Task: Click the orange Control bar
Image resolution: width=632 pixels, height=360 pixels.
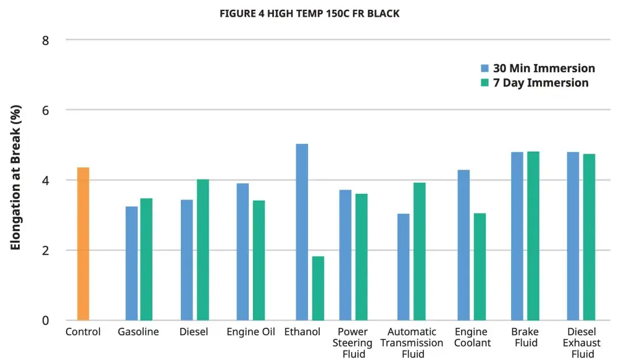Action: tap(83, 244)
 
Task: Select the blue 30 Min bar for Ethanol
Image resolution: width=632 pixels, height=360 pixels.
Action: tap(302, 232)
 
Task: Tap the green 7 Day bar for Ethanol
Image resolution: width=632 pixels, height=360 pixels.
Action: tap(318, 288)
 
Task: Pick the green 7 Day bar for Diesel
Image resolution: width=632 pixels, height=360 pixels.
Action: tap(203, 250)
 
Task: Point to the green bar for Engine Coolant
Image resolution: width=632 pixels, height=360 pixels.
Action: tap(480, 267)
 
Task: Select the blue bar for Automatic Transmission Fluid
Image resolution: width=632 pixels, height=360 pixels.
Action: tap(403, 267)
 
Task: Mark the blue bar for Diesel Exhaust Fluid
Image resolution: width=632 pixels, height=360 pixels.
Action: tap(573, 236)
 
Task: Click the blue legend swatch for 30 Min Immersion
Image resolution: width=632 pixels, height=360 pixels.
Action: tap(485, 69)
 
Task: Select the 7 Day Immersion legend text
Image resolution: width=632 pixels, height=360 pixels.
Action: tap(541, 83)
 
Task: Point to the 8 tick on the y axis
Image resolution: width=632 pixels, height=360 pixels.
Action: tap(46, 40)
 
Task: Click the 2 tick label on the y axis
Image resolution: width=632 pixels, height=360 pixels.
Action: tap(46, 251)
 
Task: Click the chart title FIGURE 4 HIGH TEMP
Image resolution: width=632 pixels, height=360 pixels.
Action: tap(309, 14)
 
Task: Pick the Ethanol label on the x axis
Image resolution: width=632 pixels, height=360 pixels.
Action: tap(302, 332)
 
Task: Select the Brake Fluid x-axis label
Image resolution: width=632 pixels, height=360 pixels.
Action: tap(525, 337)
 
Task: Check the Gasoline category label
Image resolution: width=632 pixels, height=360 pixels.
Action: tap(138, 332)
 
